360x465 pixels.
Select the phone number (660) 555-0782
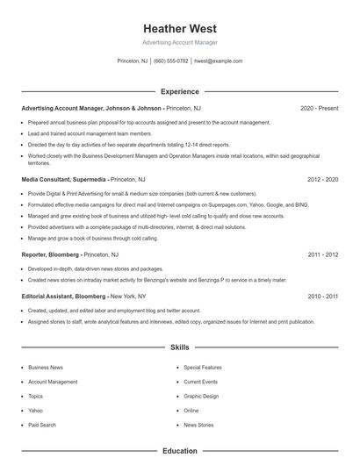(171, 61)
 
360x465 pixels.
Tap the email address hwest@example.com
(218, 61)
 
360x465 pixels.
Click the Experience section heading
(180, 91)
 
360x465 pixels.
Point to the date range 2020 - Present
(319, 108)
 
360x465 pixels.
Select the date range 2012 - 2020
(323, 179)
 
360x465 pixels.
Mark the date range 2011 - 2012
(323, 254)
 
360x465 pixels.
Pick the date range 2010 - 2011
(323, 297)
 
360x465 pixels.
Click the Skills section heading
(180, 347)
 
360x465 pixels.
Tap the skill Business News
(45, 368)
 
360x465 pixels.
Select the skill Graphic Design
(201, 396)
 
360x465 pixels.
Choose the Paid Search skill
(41, 425)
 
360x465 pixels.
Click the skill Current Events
(201, 382)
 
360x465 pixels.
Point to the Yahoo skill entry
(35, 411)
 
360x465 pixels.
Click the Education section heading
(180, 451)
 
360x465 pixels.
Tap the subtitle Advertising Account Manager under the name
(180, 42)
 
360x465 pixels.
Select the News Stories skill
(198, 425)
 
